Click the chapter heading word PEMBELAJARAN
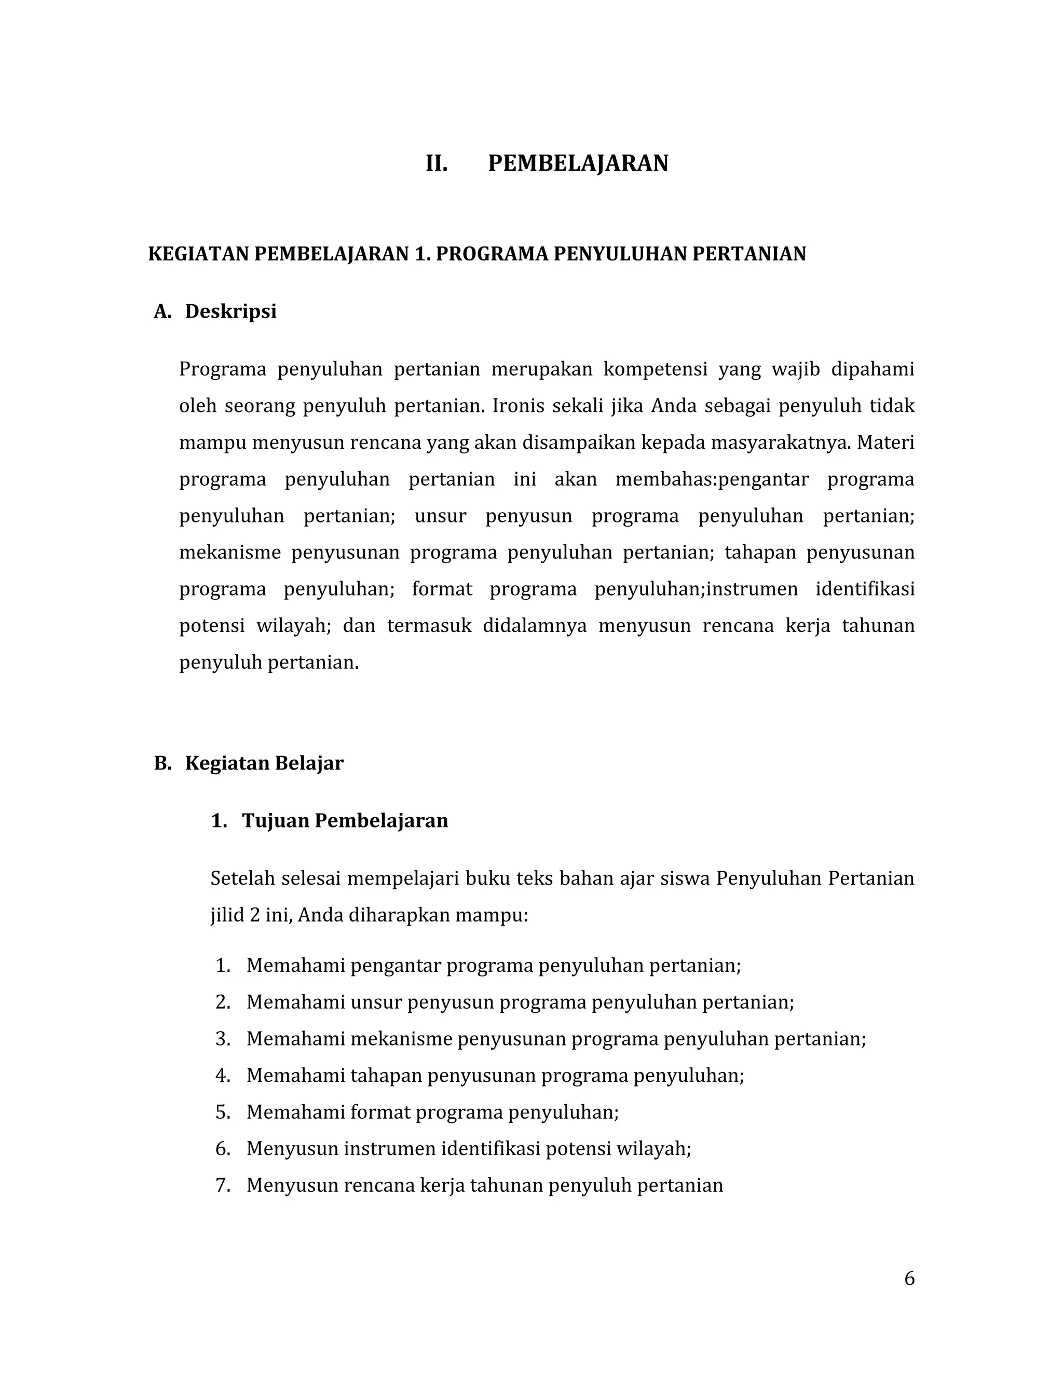tap(578, 163)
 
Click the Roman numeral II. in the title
tap(437, 163)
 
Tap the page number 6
tap(909, 1278)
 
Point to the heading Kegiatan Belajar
tap(264, 763)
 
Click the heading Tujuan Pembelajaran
tap(345, 820)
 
